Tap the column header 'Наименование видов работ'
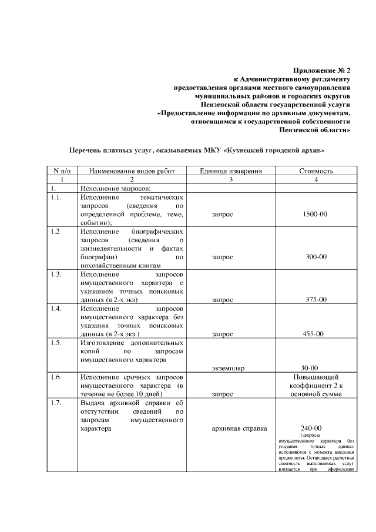coord(132,171)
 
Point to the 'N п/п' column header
coord(62,171)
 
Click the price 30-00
coord(310,368)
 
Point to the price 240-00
coord(310,428)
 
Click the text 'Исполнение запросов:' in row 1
coord(116,188)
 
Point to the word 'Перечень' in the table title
coord(88,150)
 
